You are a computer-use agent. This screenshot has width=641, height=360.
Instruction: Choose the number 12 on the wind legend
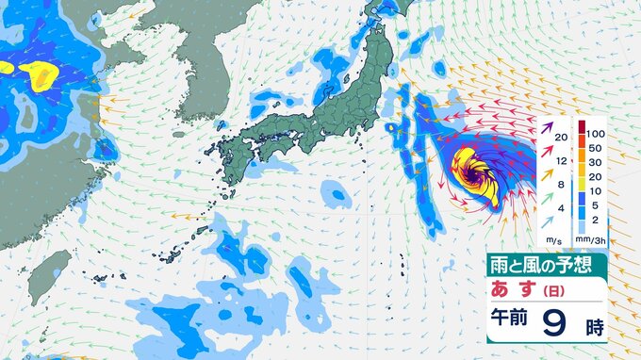click(561, 162)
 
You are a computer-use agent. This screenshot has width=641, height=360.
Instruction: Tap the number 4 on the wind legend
click(562, 207)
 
